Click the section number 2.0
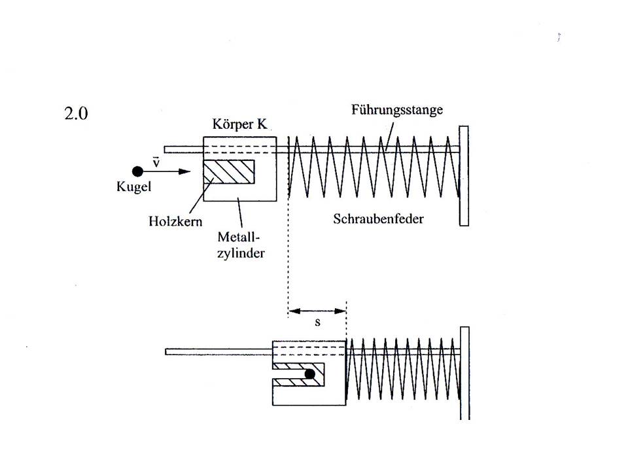coord(76,113)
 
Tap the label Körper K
coord(239,124)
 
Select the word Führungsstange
coord(397,110)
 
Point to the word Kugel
coord(133,186)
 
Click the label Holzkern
coord(175,221)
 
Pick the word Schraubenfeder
coord(379,218)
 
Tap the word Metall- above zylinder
coord(239,237)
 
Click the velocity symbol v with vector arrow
coord(156,162)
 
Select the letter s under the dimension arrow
coord(318,322)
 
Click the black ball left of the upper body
coord(137,171)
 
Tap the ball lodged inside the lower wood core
coord(309,374)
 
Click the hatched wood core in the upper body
coord(229,172)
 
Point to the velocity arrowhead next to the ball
coord(184,171)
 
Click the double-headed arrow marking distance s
coord(317,311)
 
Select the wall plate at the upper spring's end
coord(464,176)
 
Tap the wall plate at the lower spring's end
coord(464,374)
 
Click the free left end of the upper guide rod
coord(165,149)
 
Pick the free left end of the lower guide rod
coord(166,352)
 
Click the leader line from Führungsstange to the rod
coord(389,137)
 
